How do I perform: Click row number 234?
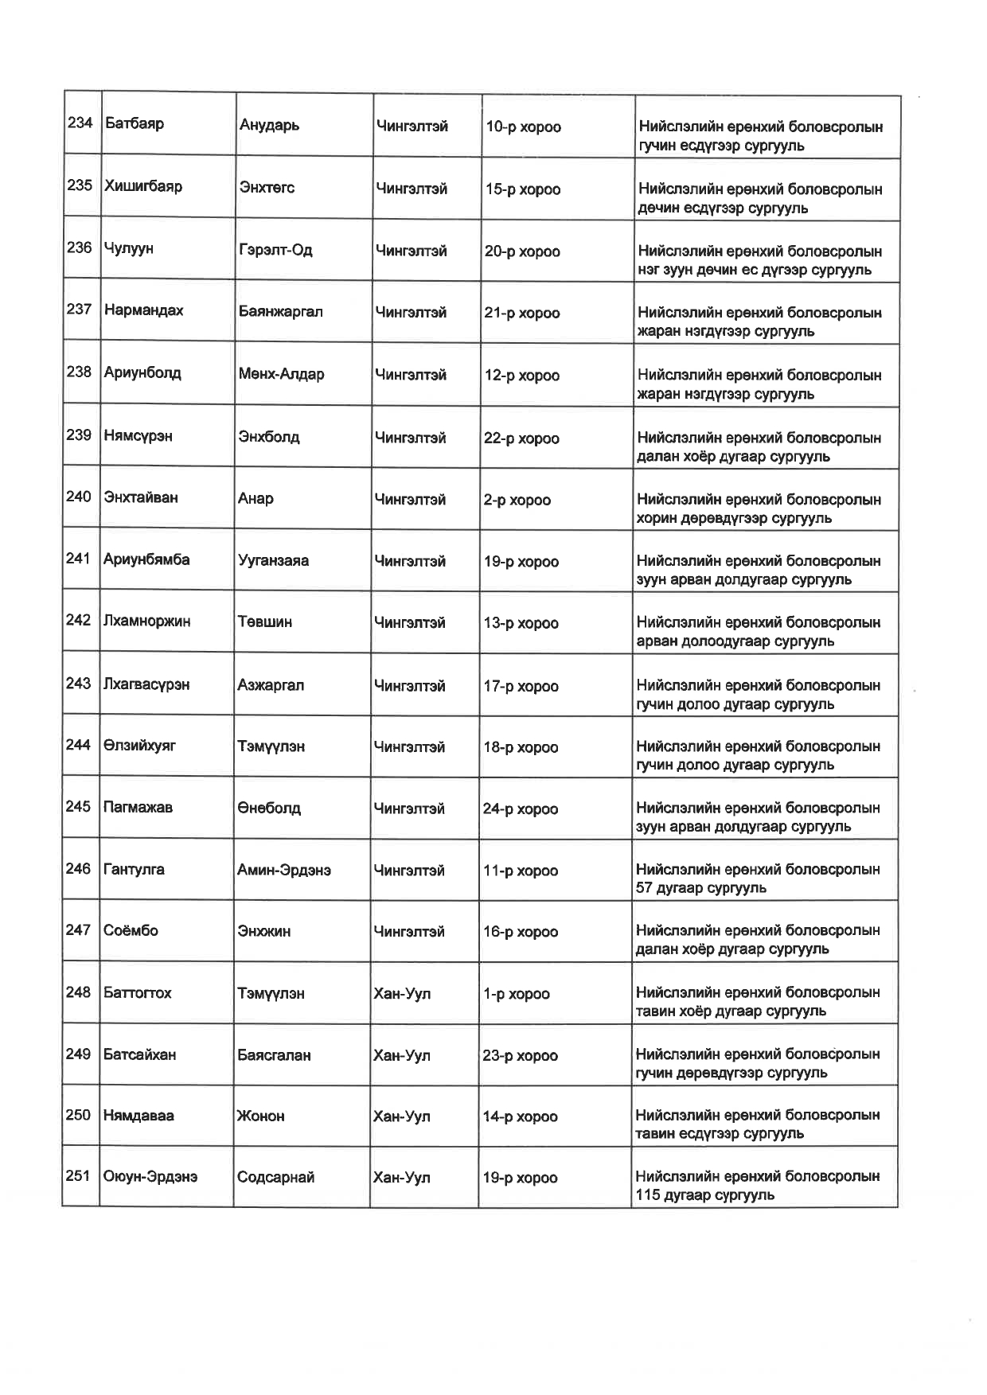80,123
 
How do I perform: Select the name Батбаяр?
135,123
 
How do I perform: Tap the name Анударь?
269,126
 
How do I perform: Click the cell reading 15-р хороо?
523,189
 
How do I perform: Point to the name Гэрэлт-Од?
275,250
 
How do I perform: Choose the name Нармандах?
143,310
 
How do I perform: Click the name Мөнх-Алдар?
281,374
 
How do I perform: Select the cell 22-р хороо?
521,438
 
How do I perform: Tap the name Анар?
256,499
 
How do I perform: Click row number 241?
78,559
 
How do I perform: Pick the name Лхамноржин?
146,621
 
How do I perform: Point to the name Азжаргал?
271,685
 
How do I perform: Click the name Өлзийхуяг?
139,746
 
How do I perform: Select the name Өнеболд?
269,809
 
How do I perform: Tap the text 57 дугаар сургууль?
700,888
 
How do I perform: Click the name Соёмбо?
131,930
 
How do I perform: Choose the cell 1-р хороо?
516,994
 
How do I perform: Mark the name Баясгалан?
274,1055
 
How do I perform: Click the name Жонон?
260,1116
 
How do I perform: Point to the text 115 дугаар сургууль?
704,1195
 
